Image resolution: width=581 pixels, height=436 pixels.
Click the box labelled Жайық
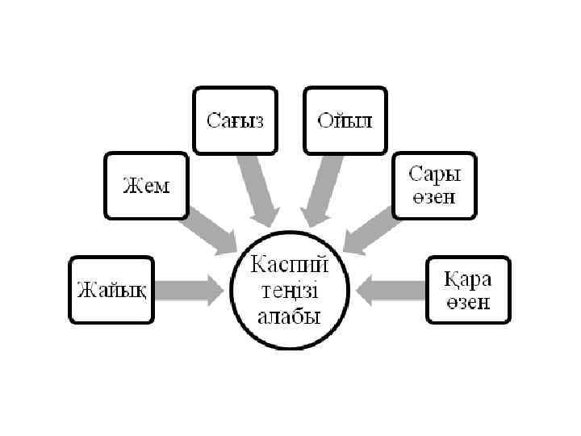[x=111, y=290]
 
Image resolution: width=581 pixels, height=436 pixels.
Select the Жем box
[x=146, y=186]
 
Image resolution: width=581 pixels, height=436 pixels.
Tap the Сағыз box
[x=234, y=121]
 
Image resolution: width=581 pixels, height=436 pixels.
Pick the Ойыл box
[x=345, y=121]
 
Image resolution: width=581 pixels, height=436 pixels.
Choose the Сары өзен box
[x=434, y=186]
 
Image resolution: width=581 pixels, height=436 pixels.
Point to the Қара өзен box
[x=468, y=290]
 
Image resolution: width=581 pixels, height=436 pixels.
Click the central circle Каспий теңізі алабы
[x=289, y=289]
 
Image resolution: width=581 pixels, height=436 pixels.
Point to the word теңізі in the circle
[x=289, y=289]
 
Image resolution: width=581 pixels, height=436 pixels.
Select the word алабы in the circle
[x=289, y=315]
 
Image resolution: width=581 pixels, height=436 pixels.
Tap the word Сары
[x=434, y=174]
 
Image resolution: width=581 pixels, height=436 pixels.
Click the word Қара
[x=468, y=279]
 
